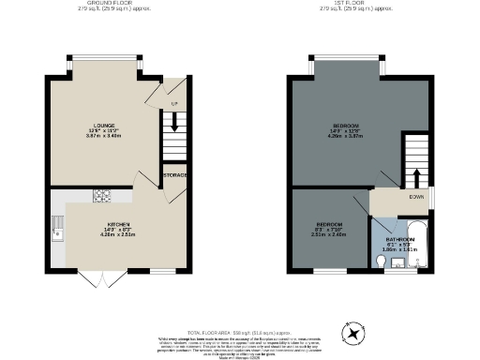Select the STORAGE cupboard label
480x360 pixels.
point(174,175)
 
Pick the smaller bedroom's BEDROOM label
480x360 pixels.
point(328,225)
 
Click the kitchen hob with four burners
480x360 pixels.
point(101,197)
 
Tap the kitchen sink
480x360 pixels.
point(58,225)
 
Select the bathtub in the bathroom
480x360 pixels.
point(419,245)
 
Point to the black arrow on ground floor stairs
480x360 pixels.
point(172,121)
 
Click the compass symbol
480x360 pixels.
point(353,332)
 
